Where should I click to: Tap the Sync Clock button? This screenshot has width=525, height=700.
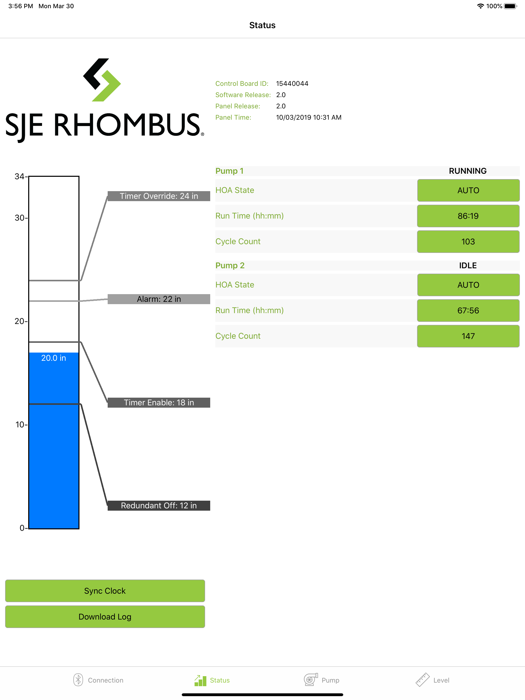tap(105, 591)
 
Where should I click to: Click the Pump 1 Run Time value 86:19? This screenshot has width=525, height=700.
tap(468, 216)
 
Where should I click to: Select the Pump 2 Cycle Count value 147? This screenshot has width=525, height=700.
tap(468, 336)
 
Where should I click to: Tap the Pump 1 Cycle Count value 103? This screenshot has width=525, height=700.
tap(468, 241)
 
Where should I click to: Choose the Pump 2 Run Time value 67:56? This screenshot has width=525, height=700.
tap(468, 311)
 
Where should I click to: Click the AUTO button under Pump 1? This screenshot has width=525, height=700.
tap(468, 190)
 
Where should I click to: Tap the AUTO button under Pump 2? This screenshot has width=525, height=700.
tap(468, 285)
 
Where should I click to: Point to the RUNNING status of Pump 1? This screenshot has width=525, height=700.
tap(468, 171)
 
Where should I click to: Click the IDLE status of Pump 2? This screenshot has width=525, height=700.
tap(468, 265)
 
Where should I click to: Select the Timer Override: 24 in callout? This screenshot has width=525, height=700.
tap(159, 196)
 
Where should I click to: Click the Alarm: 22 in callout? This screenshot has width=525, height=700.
tap(159, 299)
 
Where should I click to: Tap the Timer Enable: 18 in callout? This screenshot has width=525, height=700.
tap(159, 403)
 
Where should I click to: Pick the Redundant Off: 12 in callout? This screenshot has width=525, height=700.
tap(159, 505)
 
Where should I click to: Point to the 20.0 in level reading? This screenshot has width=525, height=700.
tap(54, 358)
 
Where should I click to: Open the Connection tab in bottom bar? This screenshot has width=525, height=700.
tap(98, 680)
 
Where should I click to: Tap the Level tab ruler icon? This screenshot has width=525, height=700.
tap(422, 680)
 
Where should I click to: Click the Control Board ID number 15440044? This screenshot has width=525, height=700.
tap(292, 84)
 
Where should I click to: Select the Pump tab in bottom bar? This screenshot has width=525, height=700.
tap(321, 680)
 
